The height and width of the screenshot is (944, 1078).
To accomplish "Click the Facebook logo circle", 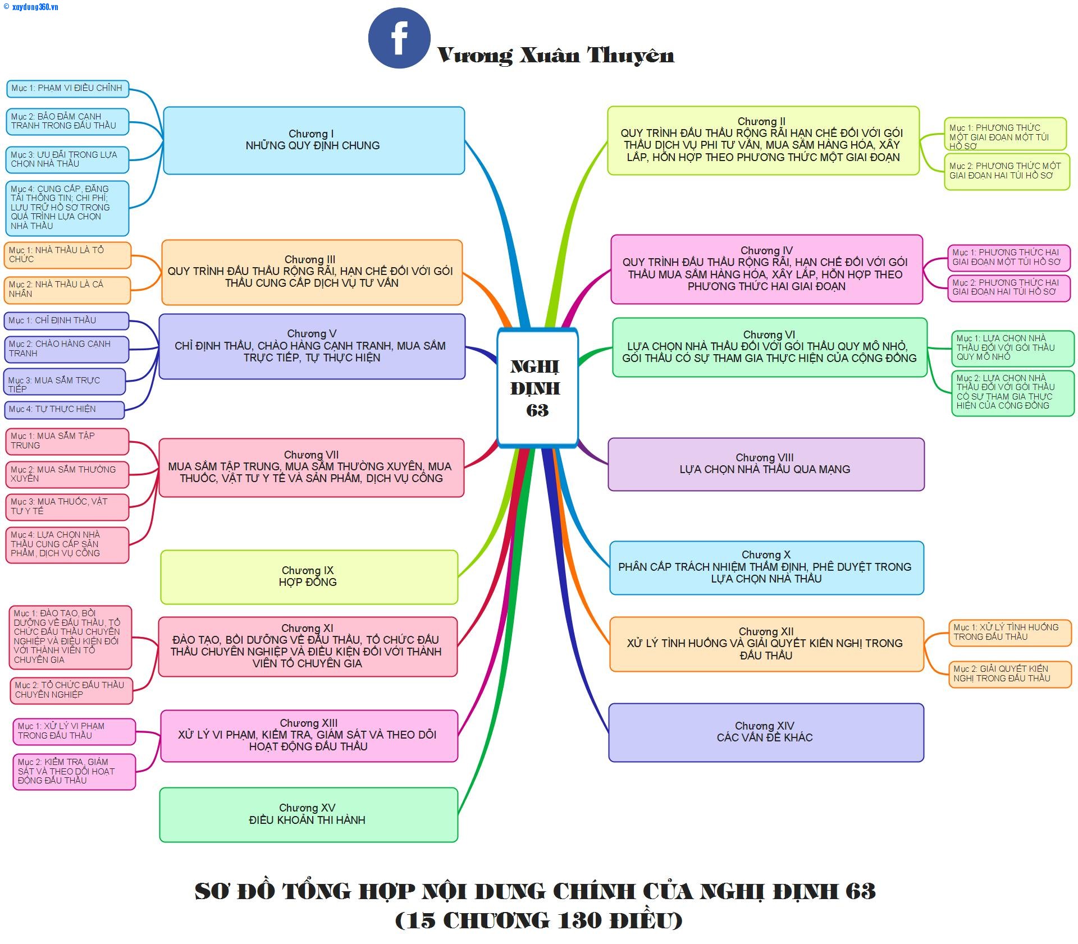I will (x=399, y=38).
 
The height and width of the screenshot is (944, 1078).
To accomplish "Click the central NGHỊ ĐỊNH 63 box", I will (x=537, y=388).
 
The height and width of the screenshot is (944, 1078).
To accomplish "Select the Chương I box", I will (x=313, y=140).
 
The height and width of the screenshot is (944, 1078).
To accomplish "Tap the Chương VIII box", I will (x=765, y=464).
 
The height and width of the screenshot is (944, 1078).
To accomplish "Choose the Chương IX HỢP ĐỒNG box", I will (x=308, y=576).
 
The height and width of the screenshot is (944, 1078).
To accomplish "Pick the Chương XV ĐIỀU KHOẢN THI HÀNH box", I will (x=308, y=814).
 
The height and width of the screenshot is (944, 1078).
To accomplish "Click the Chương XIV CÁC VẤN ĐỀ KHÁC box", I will (x=765, y=732).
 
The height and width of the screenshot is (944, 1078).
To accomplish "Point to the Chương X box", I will (x=766, y=567).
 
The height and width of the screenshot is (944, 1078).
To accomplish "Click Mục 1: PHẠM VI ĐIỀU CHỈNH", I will (x=67, y=88).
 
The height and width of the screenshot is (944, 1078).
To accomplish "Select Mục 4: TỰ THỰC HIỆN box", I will (x=64, y=410).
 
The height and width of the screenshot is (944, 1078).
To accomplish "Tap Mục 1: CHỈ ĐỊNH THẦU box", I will (x=66, y=320).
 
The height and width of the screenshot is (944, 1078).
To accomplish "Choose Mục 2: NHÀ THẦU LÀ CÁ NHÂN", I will (x=67, y=290).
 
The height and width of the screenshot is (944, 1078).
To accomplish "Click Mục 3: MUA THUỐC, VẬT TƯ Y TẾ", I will (x=67, y=506).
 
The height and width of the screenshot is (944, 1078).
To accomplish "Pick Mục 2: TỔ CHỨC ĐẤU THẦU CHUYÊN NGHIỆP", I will (x=71, y=690).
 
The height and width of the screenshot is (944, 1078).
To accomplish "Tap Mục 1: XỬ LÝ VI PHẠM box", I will (x=74, y=731).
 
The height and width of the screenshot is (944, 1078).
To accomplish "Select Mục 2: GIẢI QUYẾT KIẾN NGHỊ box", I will (x=1009, y=673).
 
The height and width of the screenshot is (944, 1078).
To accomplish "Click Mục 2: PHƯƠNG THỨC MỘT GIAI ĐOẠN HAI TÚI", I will (x=1006, y=171).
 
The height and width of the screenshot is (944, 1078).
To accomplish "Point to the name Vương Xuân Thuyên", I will (x=555, y=56).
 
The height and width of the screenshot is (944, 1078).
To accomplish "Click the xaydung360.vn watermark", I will (x=31, y=7).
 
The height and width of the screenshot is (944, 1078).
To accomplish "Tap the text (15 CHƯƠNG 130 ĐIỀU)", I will (x=538, y=920).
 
